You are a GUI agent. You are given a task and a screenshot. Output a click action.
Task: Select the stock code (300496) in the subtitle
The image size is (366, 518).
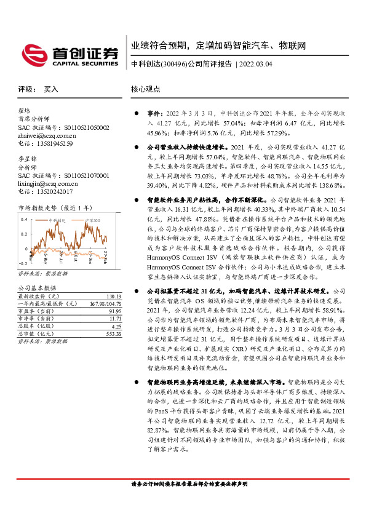click(x=173, y=64)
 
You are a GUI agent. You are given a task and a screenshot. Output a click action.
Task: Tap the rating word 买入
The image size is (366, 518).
click(x=51, y=89)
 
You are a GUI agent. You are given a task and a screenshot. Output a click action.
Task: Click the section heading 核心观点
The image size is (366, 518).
click(x=145, y=89)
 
